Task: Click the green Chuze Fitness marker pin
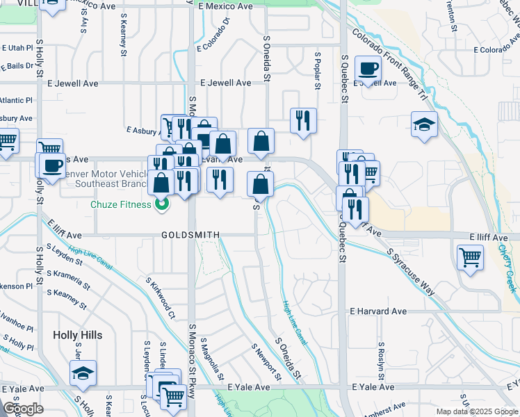click(162, 204)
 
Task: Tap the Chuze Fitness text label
click(121, 204)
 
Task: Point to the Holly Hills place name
click(77, 335)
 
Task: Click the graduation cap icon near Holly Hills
click(83, 374)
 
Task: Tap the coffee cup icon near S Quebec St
click(368, 69)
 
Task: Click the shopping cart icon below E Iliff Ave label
click(471, 258)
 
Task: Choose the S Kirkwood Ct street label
click(159, 300)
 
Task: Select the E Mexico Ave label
click(225, 6)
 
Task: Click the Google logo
click(23, 409)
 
